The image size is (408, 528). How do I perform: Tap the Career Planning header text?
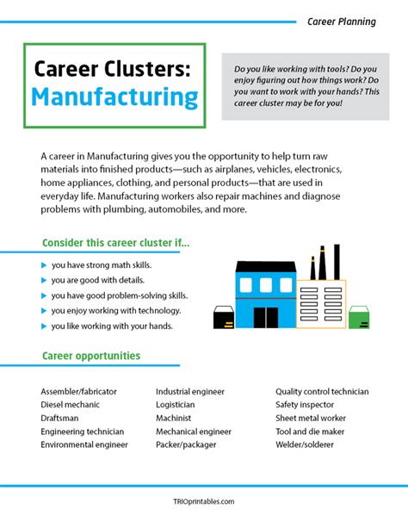click(342, 21)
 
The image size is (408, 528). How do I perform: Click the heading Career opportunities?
click(91, 356)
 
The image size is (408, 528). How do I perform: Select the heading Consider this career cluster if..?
click(115, 242)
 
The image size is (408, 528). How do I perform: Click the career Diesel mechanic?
click(70, 405)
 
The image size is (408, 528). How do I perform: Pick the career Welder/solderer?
click(306, 445)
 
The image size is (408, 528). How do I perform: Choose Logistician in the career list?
click(175, 405)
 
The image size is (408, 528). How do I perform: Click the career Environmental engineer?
click(84, 445)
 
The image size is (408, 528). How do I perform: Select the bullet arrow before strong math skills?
click(45, 264)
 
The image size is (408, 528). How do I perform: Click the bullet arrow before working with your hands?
click(45, 326)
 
